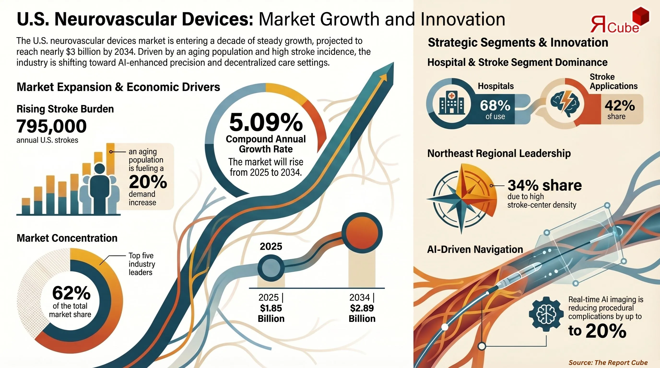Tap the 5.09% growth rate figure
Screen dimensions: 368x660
(x=266, y=122)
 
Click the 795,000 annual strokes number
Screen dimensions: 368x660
(x=52, y=126)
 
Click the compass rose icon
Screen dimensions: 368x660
(x=461, y=198)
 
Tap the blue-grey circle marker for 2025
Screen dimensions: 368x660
(x=271, y=268)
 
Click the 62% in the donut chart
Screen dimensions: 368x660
(x=71, y=293)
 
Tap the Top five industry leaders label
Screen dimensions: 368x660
(x=142, y=264)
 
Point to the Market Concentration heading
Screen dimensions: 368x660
(x=67, y=238)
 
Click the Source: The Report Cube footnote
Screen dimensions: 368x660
(x=608, y=362)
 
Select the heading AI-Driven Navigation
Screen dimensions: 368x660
(x=475, y=249)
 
